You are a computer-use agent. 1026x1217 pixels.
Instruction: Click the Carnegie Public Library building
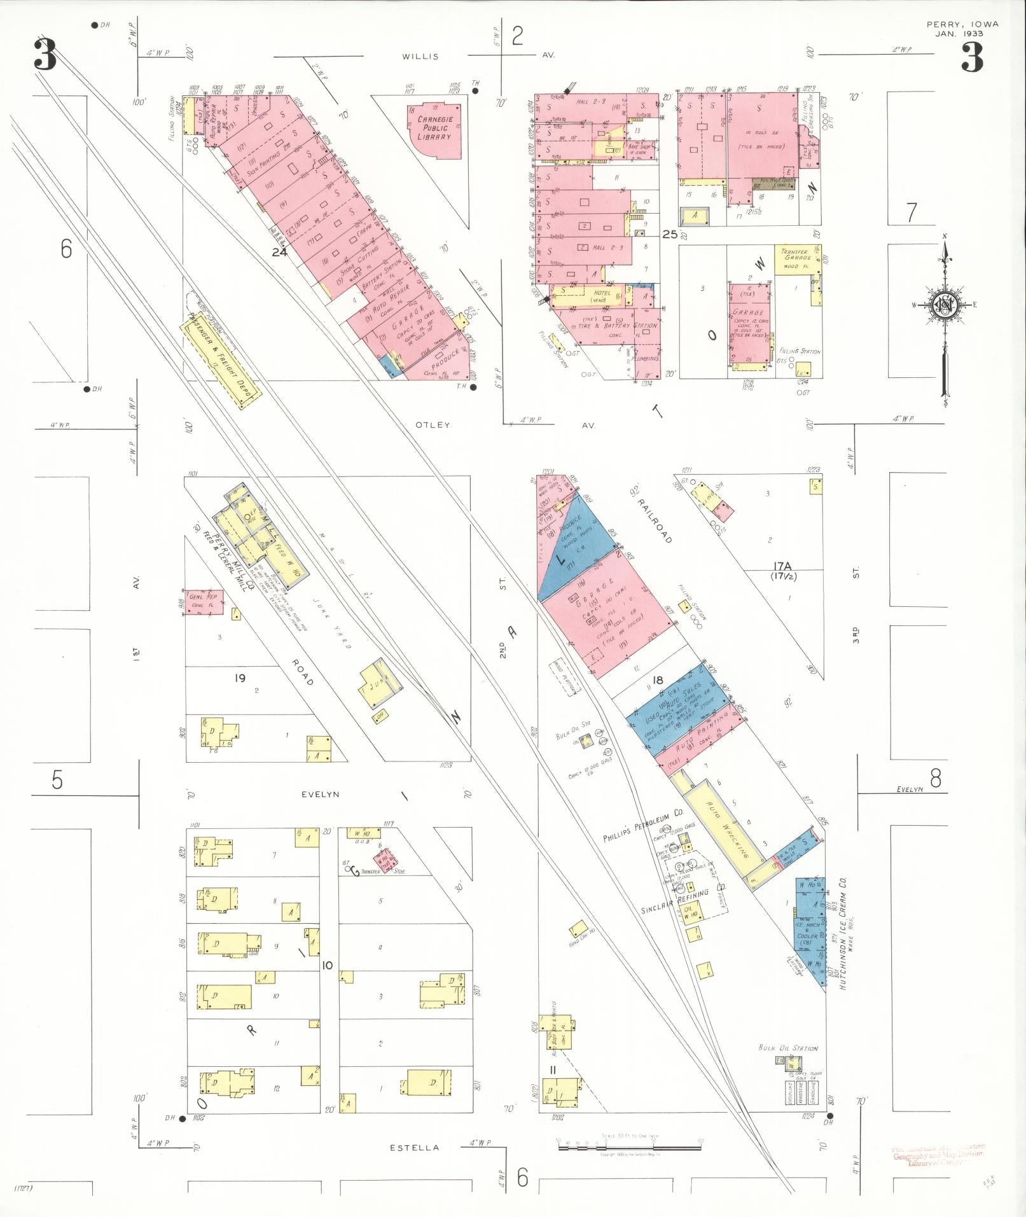click(434, 130)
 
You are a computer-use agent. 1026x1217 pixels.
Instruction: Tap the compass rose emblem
click(944, 305)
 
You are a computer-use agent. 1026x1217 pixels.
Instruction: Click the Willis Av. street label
click(420, 56)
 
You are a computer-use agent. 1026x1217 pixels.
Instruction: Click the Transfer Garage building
click(797, 259)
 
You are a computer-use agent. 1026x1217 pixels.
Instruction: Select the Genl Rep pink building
click(204, 601)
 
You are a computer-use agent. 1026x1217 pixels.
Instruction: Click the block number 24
click(279, 252)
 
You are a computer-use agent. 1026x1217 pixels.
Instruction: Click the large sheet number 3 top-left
click(45, 56)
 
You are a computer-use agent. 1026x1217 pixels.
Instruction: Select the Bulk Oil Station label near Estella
click(788, 1048)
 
